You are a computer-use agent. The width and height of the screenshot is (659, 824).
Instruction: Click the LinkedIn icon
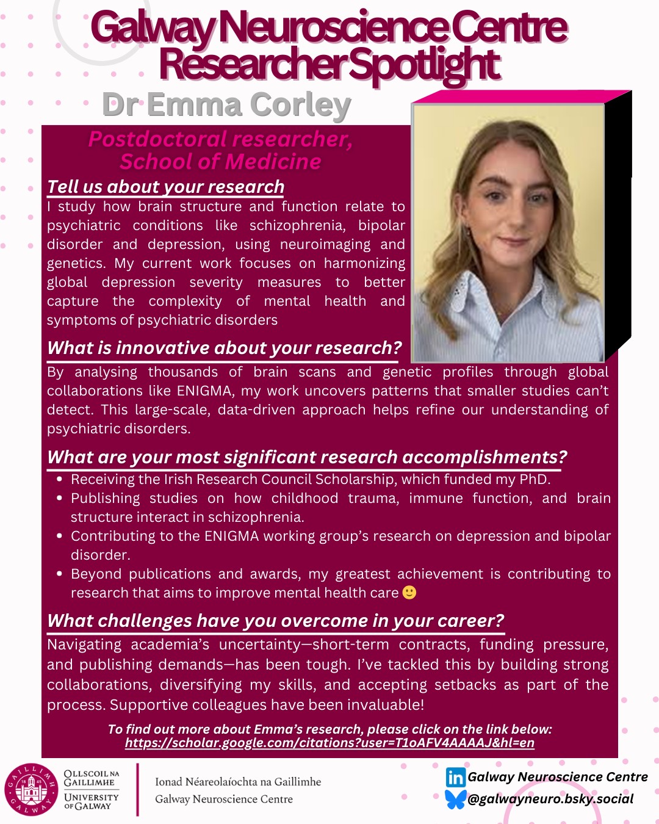click(455, 777)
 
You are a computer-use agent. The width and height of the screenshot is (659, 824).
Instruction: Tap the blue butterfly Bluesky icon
click(455, 799)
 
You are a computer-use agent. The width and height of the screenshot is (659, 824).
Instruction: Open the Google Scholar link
click(329, 743)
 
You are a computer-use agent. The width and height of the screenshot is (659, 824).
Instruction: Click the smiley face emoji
click(409, 593)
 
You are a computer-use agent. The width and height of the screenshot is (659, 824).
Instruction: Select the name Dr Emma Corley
click(226, 105)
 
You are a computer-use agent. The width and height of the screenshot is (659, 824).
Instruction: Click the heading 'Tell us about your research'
click(166, 187)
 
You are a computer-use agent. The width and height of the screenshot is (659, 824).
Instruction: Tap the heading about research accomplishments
click(307, 457)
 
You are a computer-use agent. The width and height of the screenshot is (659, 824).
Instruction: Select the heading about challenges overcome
click(275, 621)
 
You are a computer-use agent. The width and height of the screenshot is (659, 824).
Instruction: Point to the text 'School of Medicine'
click(220, 162)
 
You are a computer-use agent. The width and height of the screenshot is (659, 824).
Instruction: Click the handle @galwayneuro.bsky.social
click(550, 799)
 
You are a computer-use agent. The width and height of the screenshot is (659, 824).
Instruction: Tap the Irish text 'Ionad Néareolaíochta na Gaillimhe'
click(238, 782)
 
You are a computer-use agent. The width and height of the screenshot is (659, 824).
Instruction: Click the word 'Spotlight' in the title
click(425, 64)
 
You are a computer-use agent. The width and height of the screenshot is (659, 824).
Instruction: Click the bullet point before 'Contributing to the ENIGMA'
click(59, 536)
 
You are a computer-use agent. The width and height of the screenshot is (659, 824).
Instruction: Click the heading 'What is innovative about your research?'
click(225, 348)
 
